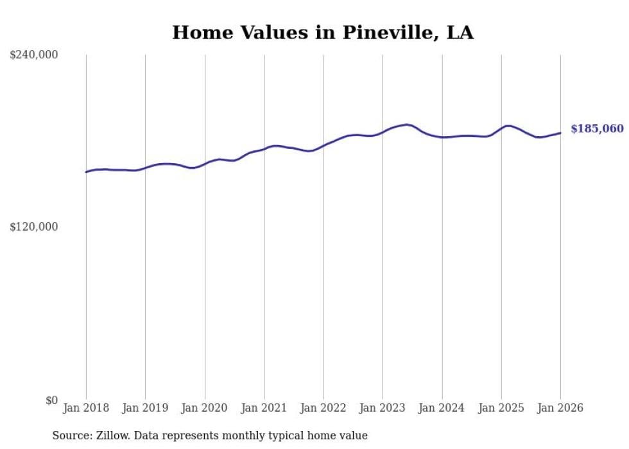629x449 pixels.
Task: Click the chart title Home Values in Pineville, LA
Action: [323, 33]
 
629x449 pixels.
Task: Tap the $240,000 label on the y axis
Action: [34, 55]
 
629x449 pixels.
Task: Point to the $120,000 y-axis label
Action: [34, 227]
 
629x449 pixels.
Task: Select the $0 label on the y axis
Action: [51, 400]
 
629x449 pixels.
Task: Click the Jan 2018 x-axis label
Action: [86, 409]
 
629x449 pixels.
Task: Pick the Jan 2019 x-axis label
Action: [145, 409]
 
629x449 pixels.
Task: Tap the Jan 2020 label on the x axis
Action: [205, 409]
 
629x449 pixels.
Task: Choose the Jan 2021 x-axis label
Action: [264, 409]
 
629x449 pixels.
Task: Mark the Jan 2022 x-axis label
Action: [323, 409]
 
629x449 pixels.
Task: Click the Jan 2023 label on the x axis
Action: [383, 409]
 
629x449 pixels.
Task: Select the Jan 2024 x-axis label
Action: [442, 409]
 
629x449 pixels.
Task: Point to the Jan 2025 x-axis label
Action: [501, 409]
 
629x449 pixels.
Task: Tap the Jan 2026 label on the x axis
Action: [560, 409]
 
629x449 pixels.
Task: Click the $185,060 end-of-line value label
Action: [597, 129]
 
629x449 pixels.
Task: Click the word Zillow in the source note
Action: [112, 436]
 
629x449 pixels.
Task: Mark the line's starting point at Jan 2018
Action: [86, 172]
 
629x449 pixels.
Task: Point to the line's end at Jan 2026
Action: [560, 133]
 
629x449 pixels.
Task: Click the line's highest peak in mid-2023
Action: [407, 125]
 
